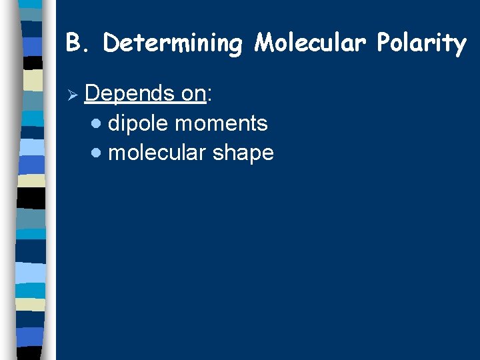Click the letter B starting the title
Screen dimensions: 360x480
[73, 43]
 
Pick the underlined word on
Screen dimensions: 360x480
[194, 94]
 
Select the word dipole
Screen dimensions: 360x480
[137, 123]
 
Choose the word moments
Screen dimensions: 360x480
[221, 123]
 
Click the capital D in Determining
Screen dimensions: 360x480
[111, 43]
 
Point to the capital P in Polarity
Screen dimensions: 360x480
[383, 43]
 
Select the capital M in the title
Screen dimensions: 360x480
[263, 43]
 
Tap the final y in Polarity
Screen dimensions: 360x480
[459, 45]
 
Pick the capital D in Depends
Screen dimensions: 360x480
[93, 94]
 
